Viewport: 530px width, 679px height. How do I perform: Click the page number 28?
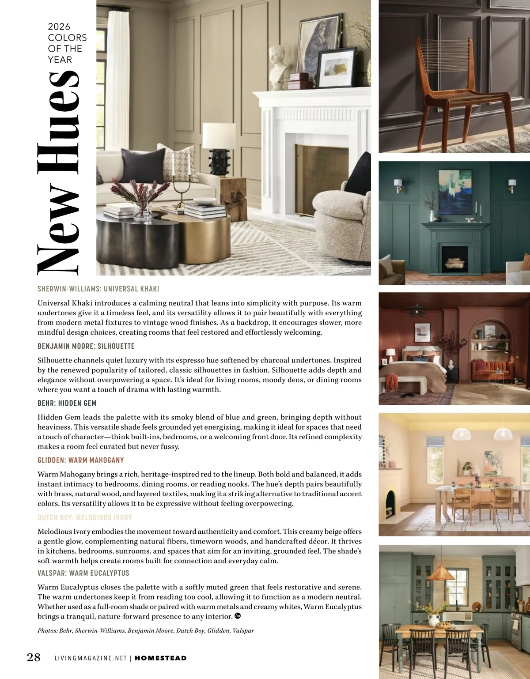(34, 657)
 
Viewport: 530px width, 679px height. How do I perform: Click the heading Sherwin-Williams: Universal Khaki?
(98, 289)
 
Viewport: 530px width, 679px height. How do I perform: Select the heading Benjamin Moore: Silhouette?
(86, 346)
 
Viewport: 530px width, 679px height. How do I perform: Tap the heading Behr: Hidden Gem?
(67, 403)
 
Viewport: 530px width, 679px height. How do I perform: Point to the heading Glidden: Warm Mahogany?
(80, 460)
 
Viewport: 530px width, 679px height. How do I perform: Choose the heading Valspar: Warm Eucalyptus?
(83, 573)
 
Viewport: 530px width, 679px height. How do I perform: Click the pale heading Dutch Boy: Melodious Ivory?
(84, 517)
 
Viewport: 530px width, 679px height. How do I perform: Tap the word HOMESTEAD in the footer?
(160, 658)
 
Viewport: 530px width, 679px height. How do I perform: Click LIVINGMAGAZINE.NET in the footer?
(91, 658)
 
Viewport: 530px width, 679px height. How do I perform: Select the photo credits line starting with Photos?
(146, 630)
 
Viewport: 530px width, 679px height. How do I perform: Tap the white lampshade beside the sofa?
(219, 136)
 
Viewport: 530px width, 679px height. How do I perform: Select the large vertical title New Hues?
(58, 172)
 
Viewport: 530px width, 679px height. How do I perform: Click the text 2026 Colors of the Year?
(67, 43)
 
